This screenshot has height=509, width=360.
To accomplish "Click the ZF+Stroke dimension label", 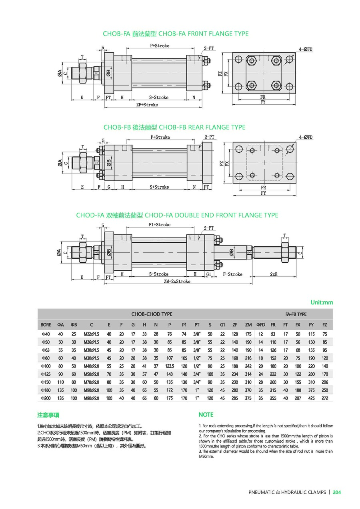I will (147, 105).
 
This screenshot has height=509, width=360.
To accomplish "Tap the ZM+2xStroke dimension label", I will (177, 281).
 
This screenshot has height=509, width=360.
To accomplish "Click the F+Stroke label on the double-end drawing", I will (233, 274).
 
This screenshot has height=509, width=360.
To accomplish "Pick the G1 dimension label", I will (209, 274).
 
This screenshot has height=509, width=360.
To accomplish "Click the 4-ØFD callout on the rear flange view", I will (305, 137).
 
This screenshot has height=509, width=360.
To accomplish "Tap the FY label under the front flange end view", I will (263, 102).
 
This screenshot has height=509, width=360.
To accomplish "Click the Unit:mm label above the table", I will (322, 303).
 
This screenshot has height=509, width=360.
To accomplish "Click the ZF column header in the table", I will (235, 324).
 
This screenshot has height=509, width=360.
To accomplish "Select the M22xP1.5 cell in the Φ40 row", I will (91, 334).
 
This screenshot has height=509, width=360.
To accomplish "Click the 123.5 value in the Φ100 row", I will (170, 366).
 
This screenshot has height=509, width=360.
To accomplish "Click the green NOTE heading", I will (206, 415).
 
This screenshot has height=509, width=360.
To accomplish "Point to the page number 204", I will (337, 492).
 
